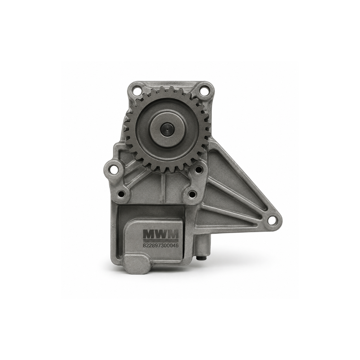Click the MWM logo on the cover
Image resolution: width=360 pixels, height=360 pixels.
coord(161,234)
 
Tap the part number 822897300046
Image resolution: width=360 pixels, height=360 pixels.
coord(161,246)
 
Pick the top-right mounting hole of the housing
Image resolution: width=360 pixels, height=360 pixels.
coord(202,90)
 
